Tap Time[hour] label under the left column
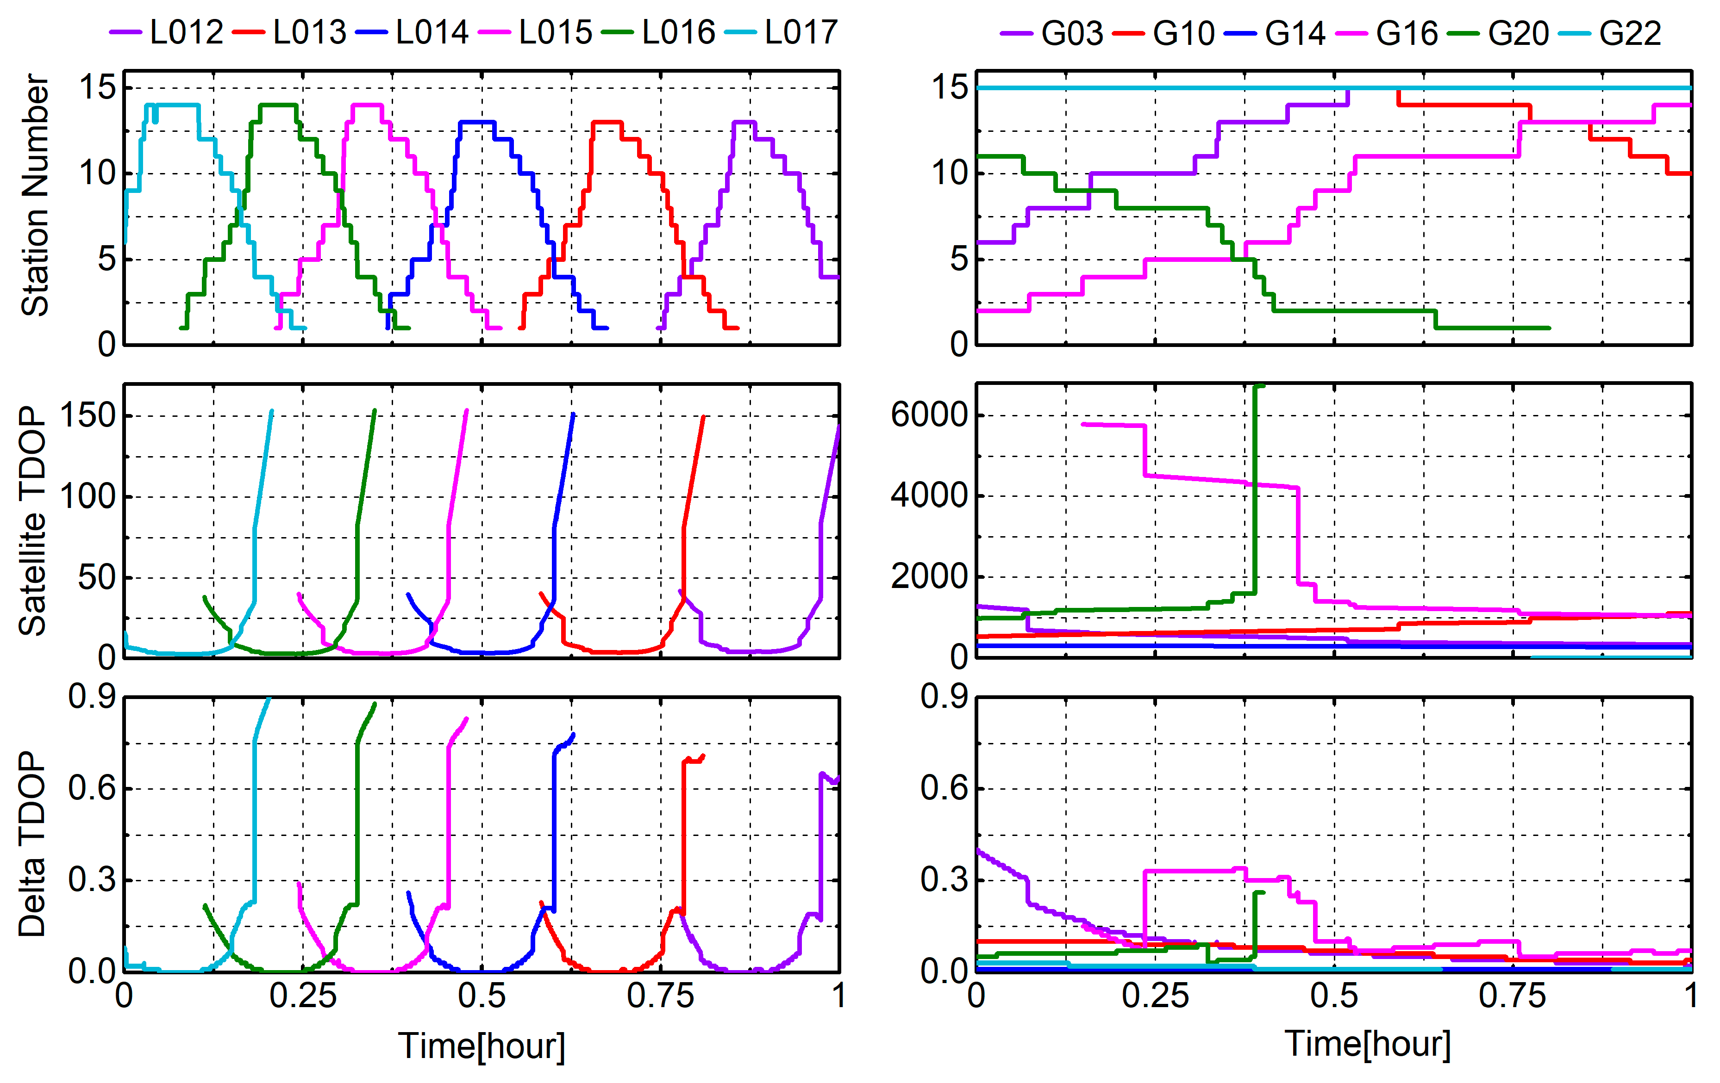pos(482,1046)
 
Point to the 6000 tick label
pos(929,415)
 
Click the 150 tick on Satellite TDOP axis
pos(88,415)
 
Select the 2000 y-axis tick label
pos(929,576)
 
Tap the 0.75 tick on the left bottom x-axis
pos(660,996)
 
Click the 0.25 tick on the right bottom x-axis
pos(1155,996)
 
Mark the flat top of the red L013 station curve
pos(607,122)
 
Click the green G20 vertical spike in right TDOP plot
pos(1255,493)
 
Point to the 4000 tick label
pos(929,495)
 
